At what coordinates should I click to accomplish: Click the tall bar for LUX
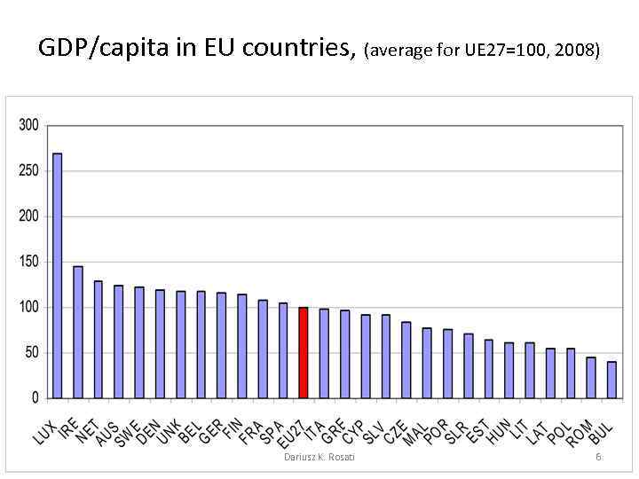tap(58, 275)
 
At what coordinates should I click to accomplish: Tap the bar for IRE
tap(78, 332)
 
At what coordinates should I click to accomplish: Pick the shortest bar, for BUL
tap(611, 380)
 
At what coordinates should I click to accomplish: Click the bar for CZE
tap(406, 359)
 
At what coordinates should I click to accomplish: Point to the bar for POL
tap(571, 373)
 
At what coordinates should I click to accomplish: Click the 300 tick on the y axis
tap(28, 125)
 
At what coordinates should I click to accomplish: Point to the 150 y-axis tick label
tap(28, 262)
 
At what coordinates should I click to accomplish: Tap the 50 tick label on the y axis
tap(31, 352)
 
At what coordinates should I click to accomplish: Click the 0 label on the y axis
tap(35, 397)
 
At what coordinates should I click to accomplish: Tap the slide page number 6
tap(598, 456)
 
